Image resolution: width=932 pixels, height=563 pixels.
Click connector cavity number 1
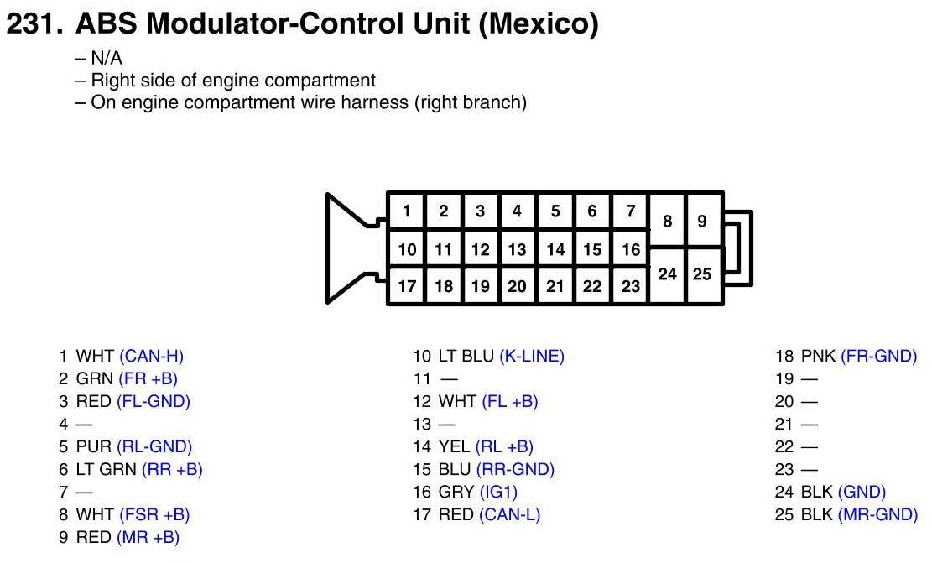[406, 211]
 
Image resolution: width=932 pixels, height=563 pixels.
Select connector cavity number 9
[702, 222]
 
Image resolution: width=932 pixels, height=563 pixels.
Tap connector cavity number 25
[702, 274]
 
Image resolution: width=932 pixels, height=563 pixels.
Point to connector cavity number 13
[517, 249]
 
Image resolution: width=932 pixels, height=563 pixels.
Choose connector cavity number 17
[407, 286]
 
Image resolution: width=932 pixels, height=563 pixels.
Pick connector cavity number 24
[668, 274]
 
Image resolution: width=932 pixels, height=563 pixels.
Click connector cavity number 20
[517, 286]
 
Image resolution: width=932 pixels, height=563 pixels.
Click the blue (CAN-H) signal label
[151, 356]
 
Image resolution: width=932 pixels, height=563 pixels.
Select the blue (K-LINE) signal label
[532, 356]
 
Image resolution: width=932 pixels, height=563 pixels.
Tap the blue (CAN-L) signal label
[509, 514]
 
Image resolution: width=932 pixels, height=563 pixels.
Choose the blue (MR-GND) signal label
[877, 514]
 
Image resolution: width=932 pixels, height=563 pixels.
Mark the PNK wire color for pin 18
[819, 356]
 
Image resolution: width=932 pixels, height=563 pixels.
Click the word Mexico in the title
[538, 25]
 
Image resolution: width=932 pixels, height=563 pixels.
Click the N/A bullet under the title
[107, 59]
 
